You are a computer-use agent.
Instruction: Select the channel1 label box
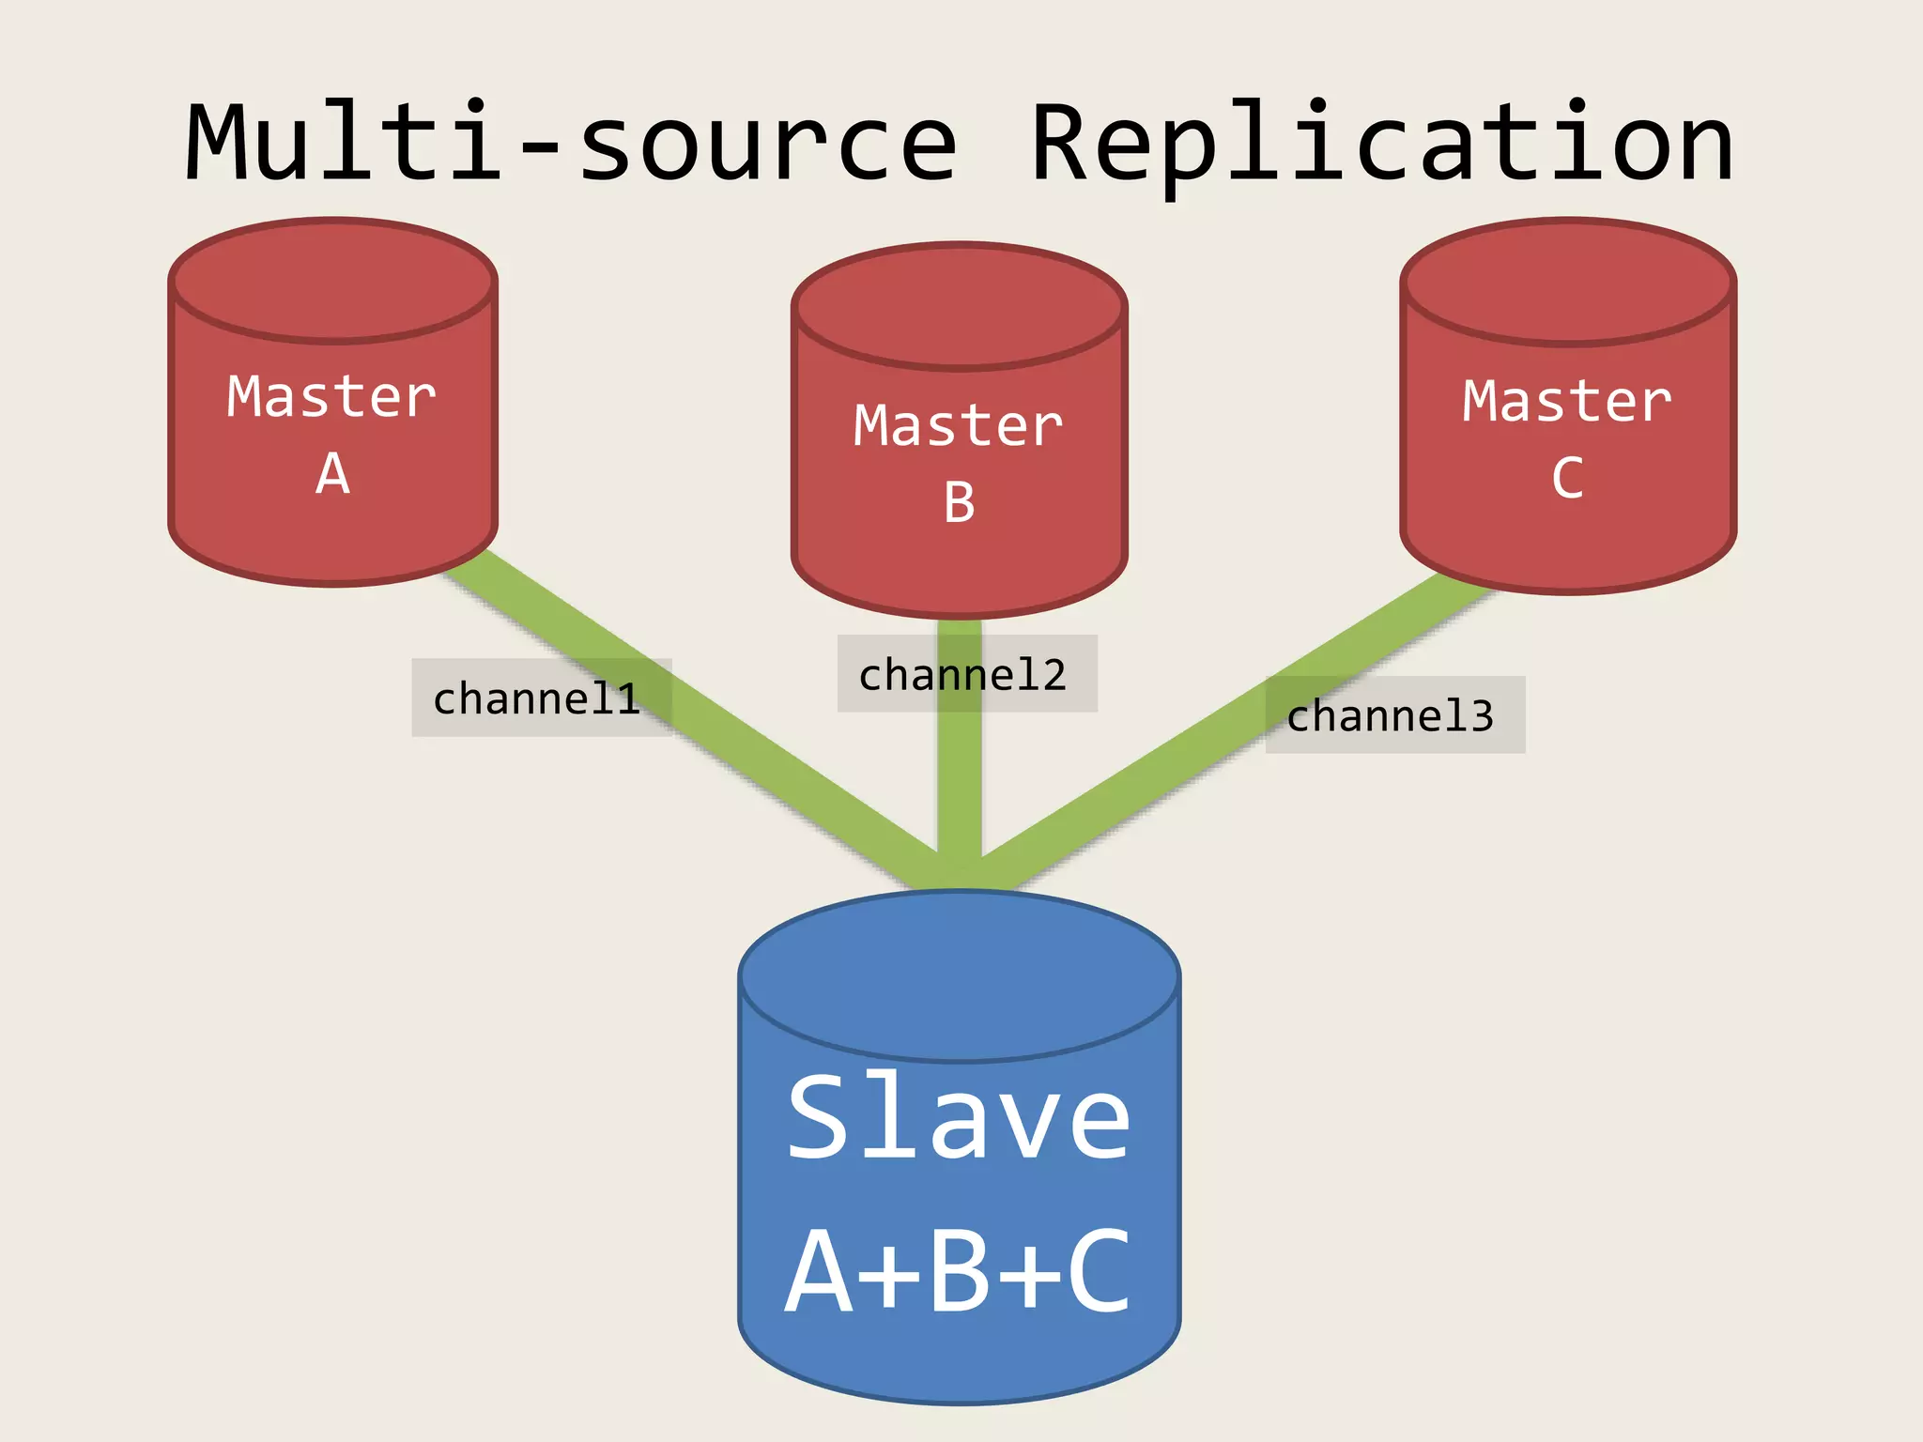coord(540,698)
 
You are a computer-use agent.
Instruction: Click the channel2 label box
coord(966,674)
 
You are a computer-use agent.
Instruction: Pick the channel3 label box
coord(1394,715)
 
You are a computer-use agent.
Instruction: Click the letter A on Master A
coord(332,474)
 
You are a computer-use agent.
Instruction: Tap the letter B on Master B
coord(959,503)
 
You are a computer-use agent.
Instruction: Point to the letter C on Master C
coord(1566,479)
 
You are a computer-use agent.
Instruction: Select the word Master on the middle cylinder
coord(958,426)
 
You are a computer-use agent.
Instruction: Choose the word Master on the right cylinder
coord(1566,402)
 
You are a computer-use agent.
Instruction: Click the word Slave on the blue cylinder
coord(958,1117)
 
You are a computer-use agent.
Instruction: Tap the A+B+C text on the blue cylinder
coord(958,1272)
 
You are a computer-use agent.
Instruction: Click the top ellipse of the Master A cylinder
coord(332,280)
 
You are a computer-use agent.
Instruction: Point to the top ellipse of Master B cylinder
coord(959,305)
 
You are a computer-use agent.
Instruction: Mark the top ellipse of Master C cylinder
coord(1567,282)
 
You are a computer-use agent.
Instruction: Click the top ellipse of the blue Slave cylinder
coord(959,976)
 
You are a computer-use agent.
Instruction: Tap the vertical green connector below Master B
coord(959,789)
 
